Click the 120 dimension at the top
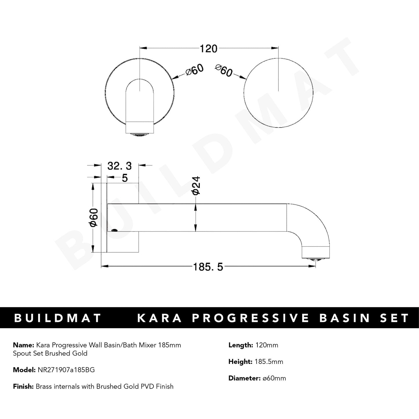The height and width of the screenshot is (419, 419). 208,49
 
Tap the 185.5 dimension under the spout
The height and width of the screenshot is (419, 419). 208,267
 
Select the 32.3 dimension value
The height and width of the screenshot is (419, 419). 119,166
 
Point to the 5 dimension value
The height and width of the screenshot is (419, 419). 125,178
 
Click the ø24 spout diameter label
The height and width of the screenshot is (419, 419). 196,186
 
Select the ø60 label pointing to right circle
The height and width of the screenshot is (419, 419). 224,70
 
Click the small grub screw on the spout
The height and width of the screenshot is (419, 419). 115,231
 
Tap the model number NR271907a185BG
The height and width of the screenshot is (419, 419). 66,370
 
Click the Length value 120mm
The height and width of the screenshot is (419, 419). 266,345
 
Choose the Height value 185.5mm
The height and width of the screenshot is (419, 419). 269,362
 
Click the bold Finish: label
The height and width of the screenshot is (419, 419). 23,387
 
